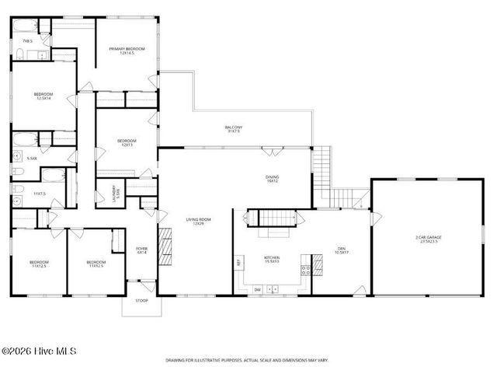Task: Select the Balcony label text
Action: pyautogui.click(x=234, y=129)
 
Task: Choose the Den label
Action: pyautogui.click(x=340, y=250)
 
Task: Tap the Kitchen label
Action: pyautogui.click(x=271, y=259)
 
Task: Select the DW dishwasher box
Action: pyautogui.click(x=257, y=288)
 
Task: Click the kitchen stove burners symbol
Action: pyautogui.click(x=306, y=271)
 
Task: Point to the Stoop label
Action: pyautogui.click(x=141, y=300)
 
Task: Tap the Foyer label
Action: pyautogui.click(x=142, y=250)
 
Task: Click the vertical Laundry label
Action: pyautogui.click(x=115, y=193)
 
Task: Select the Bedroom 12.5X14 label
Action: pyautogui.click(x=43, y=96)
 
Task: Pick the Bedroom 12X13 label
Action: pyautogui.click(x=125, y=142)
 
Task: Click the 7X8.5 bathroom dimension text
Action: pyautogui.click(x=27, y=40)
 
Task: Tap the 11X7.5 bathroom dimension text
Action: pyautogui.click(x=40, y=193)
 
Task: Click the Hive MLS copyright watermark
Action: pyautogui.click(x=37, y=351)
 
